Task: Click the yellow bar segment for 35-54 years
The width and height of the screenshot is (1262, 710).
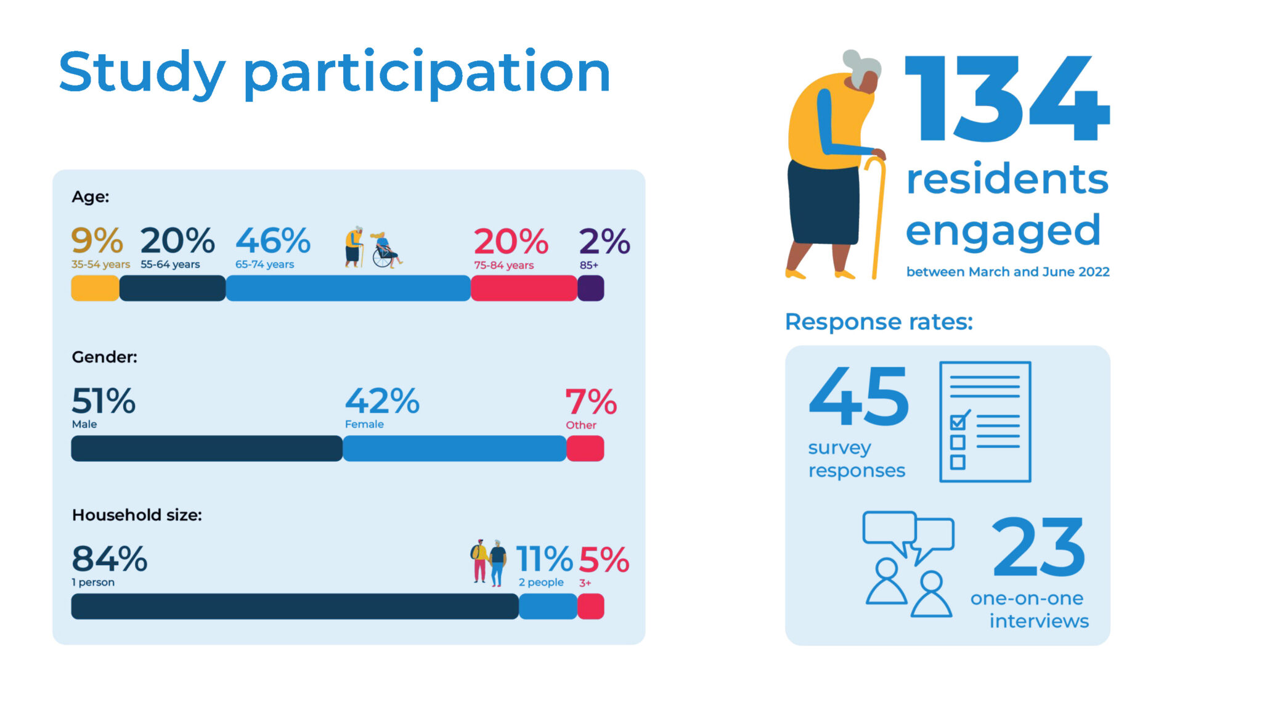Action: pyautogui.click(x=95, y=288)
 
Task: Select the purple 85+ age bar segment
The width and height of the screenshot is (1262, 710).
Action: pyautogui.click(x=590, y=288)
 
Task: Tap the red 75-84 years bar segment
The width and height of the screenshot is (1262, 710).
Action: pyautogui.click(x=524, y=288)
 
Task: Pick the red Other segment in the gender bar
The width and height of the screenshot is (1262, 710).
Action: pyautogui.click(x=585, y=449)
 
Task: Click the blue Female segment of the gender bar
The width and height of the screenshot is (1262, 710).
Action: pyautogui.click(x=454, y=449)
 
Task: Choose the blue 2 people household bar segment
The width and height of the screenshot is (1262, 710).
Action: pyautogui.click(x=548, y=606)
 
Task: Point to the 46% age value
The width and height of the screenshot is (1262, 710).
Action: pyautogui.click(x=273, y=241)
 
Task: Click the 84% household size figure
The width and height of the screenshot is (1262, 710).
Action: pyautogui.click(x=110, y=559)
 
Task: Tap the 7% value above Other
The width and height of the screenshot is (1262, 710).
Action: pyautogui.click(x=591, y=402)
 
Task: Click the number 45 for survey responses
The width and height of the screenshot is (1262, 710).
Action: pyautogui.click(x=858, y=396)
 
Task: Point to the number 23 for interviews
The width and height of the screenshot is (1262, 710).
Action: pyautogui.click(x=1038, y=547)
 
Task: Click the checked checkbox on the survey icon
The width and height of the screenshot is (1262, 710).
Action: pyautogui.click(x=958, y=422)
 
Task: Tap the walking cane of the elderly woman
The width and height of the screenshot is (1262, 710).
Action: pyautogui.click(x=877, y=216)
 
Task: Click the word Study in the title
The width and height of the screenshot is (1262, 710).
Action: pyautogui.click(x=142, y=73)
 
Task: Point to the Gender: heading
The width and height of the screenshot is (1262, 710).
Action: pyautogui.click(x=104, y=357)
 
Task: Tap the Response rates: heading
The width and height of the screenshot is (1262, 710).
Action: pyautogui.click(x=879, y=322)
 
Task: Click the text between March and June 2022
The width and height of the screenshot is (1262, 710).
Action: pyautogui.click(x=1008, y=272)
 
